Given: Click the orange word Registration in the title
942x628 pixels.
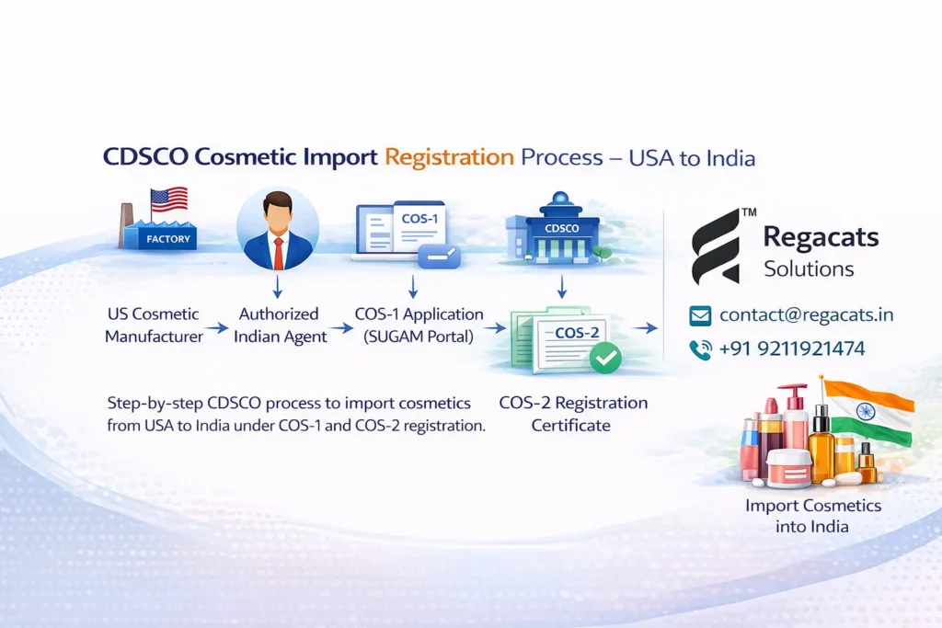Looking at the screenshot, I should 449,156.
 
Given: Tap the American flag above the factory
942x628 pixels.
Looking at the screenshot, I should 168,200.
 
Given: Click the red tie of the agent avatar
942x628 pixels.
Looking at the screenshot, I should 278,252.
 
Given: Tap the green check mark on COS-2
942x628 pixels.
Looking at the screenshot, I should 604,358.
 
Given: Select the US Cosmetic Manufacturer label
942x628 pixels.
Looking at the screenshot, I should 153,325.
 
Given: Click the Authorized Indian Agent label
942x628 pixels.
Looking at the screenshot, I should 280,325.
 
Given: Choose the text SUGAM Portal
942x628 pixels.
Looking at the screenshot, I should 419,337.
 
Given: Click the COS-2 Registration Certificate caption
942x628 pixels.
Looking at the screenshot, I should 572,414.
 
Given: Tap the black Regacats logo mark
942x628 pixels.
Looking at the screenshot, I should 717,245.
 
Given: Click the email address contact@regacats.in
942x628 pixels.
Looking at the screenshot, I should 806,314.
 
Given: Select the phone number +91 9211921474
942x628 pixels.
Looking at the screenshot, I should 792,348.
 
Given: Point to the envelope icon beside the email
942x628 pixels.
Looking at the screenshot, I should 700,315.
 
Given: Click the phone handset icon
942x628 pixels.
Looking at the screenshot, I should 700,349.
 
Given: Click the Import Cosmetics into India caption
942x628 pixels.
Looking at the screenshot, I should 799,516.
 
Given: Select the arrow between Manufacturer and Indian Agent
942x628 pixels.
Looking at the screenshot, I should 217,326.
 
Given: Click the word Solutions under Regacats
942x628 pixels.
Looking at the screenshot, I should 809,269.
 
